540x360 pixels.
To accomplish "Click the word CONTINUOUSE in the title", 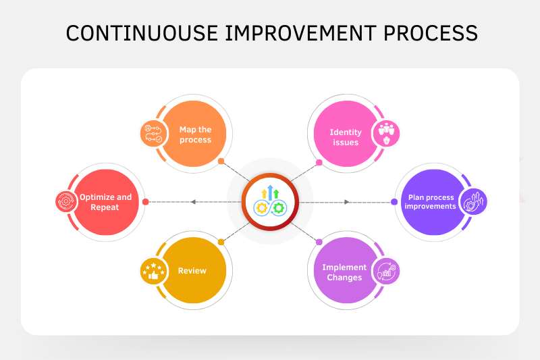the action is tap(142, 33).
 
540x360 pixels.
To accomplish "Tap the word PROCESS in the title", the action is tap(431, 33).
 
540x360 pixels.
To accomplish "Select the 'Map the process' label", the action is tap(195, 134).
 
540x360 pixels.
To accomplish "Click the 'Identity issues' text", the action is tap(346, 137).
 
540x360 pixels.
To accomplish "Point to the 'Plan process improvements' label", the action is tap(430, 202).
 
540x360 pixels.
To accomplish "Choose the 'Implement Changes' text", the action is tap(344, 272).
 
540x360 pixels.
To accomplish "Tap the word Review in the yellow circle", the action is tap(192, 271).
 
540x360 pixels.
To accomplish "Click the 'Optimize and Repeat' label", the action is tap(105, 202).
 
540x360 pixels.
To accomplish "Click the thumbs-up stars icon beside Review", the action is tap(154, 271).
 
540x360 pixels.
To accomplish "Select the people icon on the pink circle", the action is tap(386, 133).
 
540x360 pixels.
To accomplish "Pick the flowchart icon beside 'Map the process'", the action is tap(154, 134).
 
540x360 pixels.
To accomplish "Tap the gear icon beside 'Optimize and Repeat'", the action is tap(66, 201).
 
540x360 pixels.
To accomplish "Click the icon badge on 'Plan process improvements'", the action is tap(474, 202).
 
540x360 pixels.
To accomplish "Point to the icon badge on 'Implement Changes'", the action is tap(386, 271).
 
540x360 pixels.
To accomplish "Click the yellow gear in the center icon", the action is tap(262, 208).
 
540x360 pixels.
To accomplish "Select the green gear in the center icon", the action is tap(279, 208).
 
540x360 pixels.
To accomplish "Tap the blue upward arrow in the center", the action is tap(271, 192).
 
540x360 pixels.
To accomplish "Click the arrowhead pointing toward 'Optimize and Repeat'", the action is tap(193, 202).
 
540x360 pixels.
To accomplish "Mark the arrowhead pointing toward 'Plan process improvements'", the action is tap(347, 202).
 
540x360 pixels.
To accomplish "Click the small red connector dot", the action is tap(145, 202).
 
